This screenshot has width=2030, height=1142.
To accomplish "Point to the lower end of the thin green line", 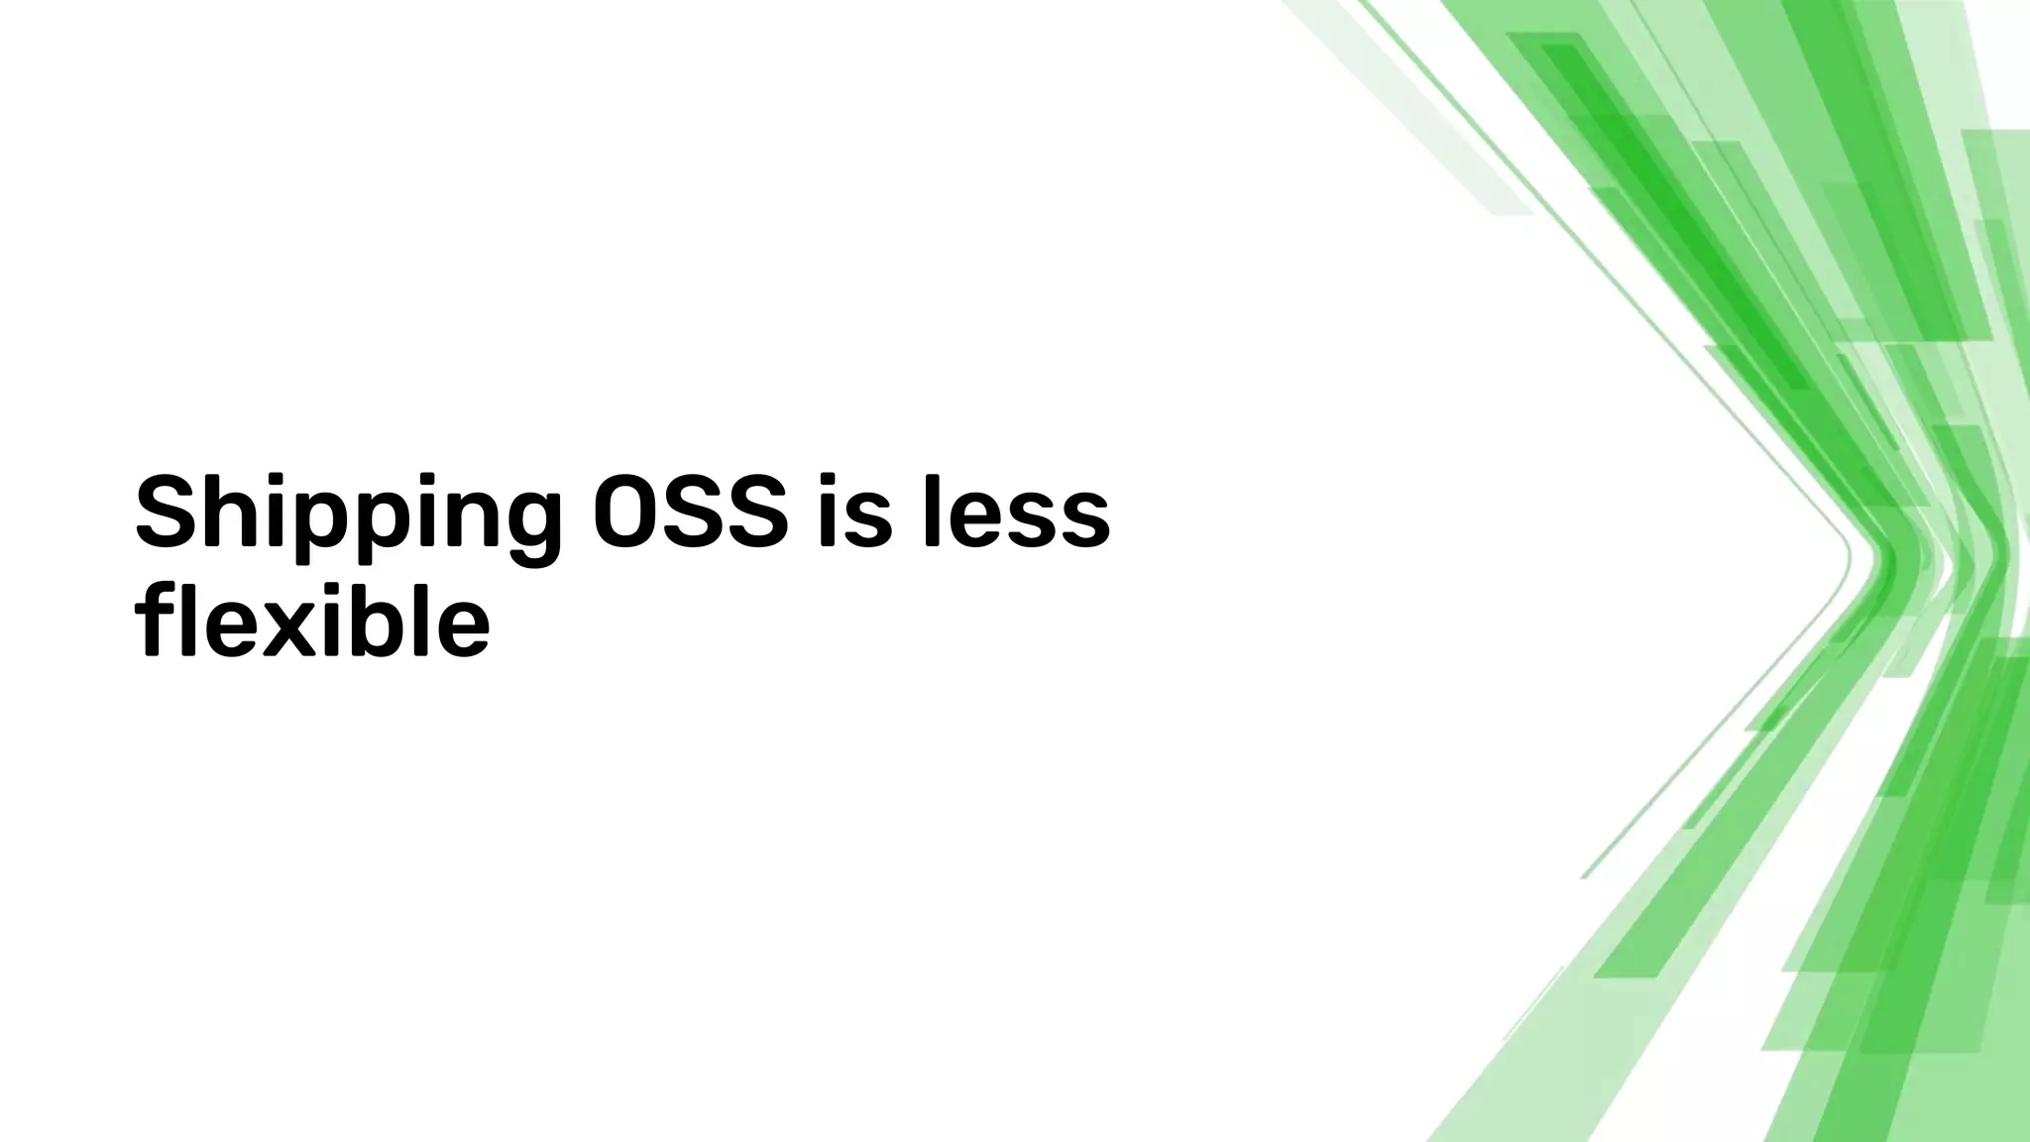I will click(1584, 876).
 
